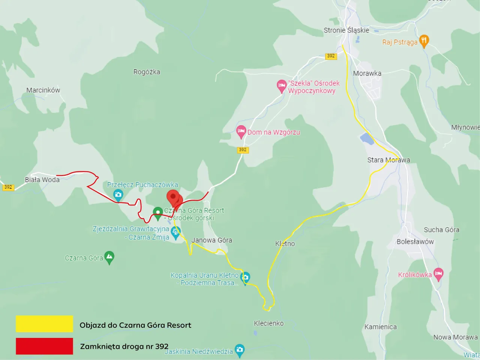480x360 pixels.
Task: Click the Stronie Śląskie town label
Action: [x=346, y=30]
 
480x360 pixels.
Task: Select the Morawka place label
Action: [x=367, y=73]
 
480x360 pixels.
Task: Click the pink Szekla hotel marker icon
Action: [x=282, y=86]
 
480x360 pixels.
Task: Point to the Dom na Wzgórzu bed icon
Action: [x=241, y=131]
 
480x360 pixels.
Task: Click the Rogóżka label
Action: [x=147, y=72]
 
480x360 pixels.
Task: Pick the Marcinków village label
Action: [x=43, y=90]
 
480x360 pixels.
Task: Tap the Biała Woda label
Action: [x=42, y=180]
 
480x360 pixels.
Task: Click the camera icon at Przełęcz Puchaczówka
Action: [x=118, y=195]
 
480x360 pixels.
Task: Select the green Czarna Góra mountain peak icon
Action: [x=109, y=257]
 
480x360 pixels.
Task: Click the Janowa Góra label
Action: [x=212, y=240]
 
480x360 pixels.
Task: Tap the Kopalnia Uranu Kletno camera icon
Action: [x=246, y=278]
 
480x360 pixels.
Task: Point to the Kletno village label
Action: [x=285, y=244]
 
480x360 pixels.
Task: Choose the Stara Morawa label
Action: [x=388, y=160]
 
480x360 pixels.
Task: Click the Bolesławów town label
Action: [x=415, y=242]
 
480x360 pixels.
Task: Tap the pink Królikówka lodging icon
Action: [x=438, y=274]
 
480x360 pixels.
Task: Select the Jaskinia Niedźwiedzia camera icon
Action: [x=239, y=350]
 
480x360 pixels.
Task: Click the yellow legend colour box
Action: [x=44, y=324]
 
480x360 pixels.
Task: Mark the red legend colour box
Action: [x=44, y=346]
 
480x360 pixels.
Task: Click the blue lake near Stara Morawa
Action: [x=367, y=139]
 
